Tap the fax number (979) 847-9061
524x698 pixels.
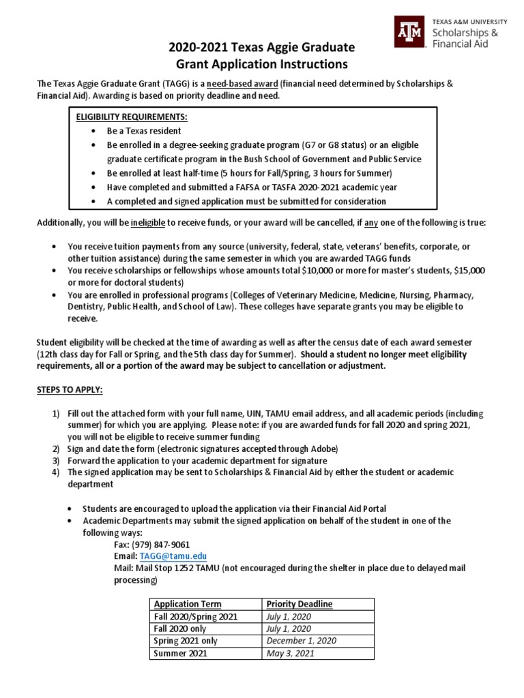coord(163,545)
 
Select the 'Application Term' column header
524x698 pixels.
coord(188,604)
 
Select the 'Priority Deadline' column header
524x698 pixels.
coord(299,604)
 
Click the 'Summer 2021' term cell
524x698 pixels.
coord(180,653)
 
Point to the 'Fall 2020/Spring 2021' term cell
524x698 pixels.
coord(196,616)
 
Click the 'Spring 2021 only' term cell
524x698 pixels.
coord(186,641)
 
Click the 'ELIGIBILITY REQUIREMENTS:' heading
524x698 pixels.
coord(132,117)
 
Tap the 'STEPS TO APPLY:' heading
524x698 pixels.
coord(69,390)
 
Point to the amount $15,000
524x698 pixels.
coord(469,271)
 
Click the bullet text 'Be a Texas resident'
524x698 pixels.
coord(144,130)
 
